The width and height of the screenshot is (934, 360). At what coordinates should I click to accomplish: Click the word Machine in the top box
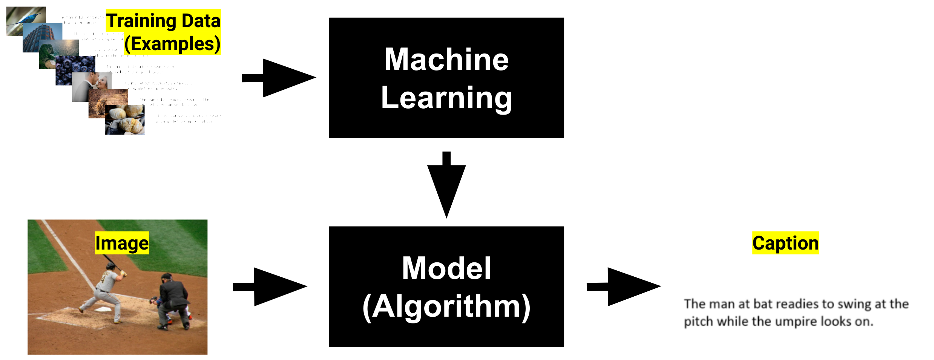[446, 60]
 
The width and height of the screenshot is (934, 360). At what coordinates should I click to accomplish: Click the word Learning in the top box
[446, 98]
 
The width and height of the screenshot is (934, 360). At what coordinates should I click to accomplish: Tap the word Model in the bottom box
[446, 268]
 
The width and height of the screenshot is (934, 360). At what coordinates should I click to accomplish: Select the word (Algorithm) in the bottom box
[446, 307]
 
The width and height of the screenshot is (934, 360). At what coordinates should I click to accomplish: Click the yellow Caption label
[785, 243]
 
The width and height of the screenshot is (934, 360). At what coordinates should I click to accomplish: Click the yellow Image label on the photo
[122, 243]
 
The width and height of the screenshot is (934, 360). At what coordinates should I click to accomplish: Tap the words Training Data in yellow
[163, 20]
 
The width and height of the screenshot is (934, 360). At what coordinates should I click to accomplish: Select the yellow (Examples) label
[172, 44]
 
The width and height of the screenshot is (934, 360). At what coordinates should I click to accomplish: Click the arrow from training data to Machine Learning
[279, 78]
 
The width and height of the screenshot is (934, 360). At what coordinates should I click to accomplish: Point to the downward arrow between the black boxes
[446, 185]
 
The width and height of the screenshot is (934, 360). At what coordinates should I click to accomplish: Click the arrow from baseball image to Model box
[270, 286]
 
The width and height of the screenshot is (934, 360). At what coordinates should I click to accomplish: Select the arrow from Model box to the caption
[624, 286]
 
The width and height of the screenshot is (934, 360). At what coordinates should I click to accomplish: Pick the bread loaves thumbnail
[125, 120]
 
